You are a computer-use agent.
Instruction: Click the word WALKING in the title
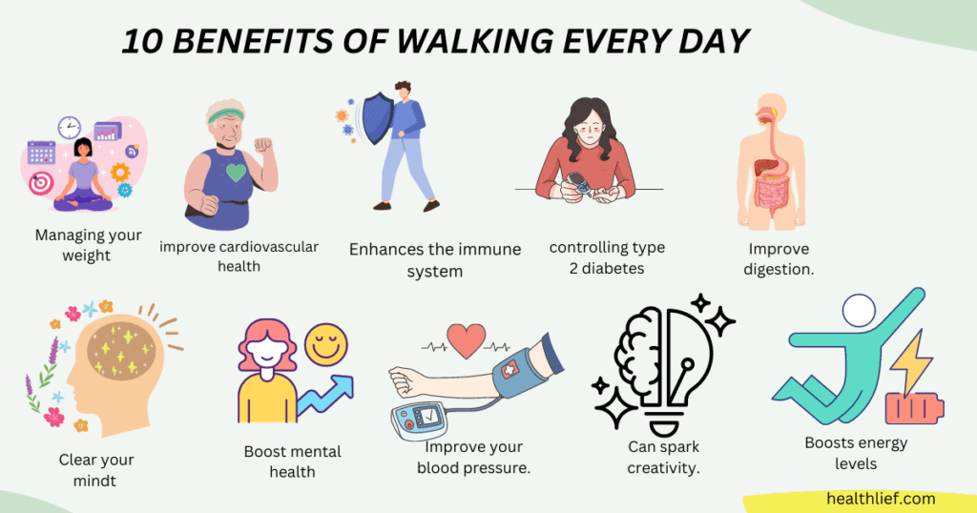(475, 42)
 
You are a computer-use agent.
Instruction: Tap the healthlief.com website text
(881, 499)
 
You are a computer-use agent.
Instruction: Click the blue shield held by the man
(378, 118)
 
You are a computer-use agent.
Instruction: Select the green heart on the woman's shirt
(237, 172)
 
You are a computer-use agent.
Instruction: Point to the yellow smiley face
(326, 344)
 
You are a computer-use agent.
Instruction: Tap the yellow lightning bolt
(911, 363)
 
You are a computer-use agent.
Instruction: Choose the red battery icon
(914, 409)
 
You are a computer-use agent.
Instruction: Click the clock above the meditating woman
(69, 128)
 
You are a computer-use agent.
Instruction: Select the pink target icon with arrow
(40, 183)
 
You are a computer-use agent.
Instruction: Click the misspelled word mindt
(94, 481)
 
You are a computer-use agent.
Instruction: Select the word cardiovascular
(269, 247)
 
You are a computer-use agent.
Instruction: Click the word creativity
(663, 468)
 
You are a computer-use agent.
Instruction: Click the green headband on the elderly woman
(225, 115)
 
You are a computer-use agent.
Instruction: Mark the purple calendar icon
(41, 153)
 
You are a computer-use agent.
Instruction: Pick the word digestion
(779, 270)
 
